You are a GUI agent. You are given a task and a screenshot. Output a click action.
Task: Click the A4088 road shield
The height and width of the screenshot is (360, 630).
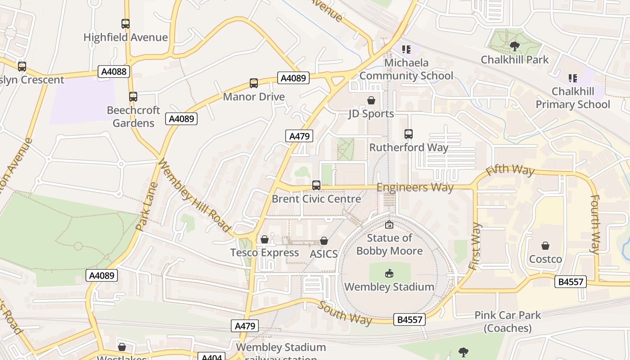[114, 72]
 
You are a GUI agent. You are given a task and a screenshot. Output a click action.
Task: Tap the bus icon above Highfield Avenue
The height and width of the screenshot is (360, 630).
[126, 24]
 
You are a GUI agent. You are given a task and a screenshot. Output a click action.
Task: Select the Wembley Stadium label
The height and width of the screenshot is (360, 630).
[389, 287]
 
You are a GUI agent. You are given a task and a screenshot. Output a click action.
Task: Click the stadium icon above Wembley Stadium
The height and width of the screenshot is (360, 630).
[389, 273]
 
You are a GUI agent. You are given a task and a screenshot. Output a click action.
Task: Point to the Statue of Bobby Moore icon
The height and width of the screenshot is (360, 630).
[389, 225]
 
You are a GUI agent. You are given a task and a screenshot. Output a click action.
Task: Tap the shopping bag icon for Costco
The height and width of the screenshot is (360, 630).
[545, 246]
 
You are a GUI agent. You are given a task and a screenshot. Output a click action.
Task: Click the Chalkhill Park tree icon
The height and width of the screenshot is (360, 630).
[514, 46]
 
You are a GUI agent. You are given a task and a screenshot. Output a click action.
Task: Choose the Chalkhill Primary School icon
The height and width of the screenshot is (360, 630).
[572, 78]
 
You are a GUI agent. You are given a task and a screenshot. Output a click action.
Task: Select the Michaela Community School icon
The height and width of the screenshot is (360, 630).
[406, 49]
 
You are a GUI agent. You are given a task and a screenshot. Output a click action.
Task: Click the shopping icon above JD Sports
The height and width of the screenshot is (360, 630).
[371, 100]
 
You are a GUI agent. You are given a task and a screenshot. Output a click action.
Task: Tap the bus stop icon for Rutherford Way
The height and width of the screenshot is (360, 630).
[409, 134]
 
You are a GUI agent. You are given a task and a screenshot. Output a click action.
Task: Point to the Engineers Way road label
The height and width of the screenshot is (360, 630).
[415, 187]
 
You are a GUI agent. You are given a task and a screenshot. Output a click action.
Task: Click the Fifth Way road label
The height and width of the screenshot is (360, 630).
[510, 170]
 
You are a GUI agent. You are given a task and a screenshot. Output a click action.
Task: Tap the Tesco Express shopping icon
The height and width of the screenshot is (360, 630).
[265, 239]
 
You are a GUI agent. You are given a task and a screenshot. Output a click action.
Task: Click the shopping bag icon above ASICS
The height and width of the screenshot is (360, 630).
[324, 241]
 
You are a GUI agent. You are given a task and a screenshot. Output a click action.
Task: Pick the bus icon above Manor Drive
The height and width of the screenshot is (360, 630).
[254, 83]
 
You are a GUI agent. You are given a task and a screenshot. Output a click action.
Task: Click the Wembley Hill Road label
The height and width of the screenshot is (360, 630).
[194, 196]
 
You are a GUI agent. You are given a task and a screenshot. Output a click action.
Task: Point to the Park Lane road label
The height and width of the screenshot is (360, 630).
[147, 206]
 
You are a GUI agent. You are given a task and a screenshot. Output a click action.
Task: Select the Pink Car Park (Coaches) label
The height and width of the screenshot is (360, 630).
[508, 321]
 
